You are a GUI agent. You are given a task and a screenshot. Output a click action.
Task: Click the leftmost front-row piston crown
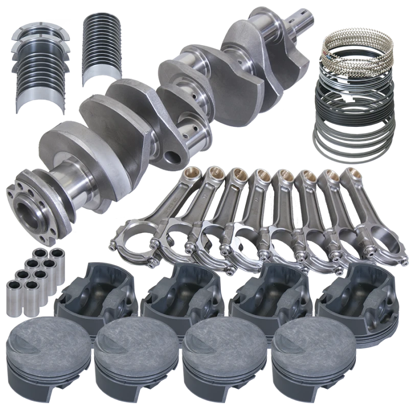pyautogui.click(x=43, y=343)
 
